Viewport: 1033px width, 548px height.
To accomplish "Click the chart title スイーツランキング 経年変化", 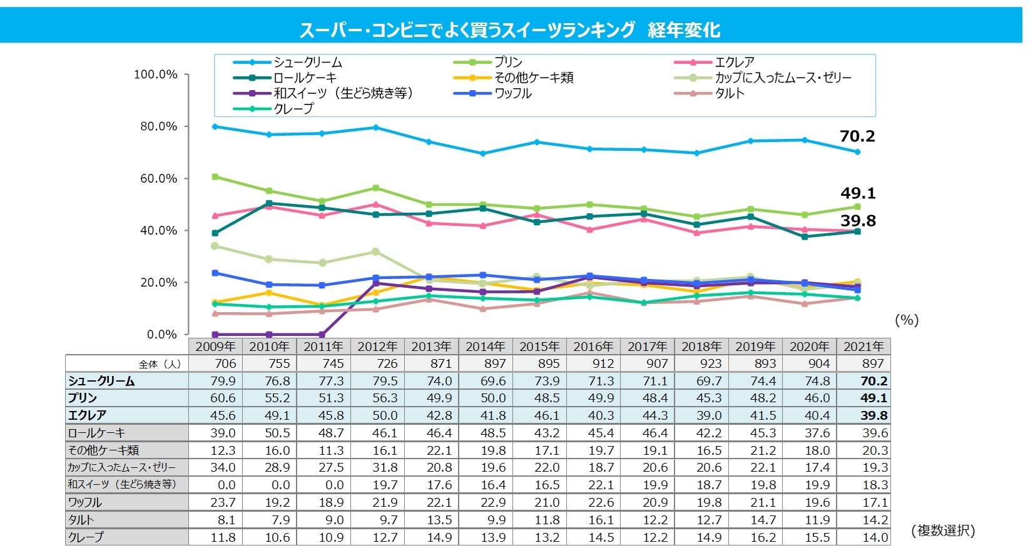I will coord(510,29).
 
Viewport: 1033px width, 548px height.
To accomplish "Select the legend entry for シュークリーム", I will coord(307,63).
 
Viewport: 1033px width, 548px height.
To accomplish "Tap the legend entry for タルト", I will coord(730,93).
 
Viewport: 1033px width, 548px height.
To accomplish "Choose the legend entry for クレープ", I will coord(293,109).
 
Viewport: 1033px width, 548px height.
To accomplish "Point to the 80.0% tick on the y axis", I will coord(156,126).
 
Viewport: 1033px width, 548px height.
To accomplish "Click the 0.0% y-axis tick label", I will coord(161,335).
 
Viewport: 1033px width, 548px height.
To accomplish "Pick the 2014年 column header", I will coord(486,347).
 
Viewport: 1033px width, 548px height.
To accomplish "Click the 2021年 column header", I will coord(863,347).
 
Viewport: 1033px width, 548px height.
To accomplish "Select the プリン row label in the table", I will coord(83,398).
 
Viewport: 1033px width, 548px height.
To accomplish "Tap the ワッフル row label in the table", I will coord(85,502).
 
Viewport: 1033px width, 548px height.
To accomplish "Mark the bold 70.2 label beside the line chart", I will coord(857,136).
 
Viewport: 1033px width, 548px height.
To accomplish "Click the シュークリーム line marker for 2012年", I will coord(375,128).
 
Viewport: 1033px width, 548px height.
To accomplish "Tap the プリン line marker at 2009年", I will coord(215,177).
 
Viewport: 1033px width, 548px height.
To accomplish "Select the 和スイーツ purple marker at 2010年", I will coord(269,335).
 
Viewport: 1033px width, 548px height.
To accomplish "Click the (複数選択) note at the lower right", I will coord(943,530).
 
